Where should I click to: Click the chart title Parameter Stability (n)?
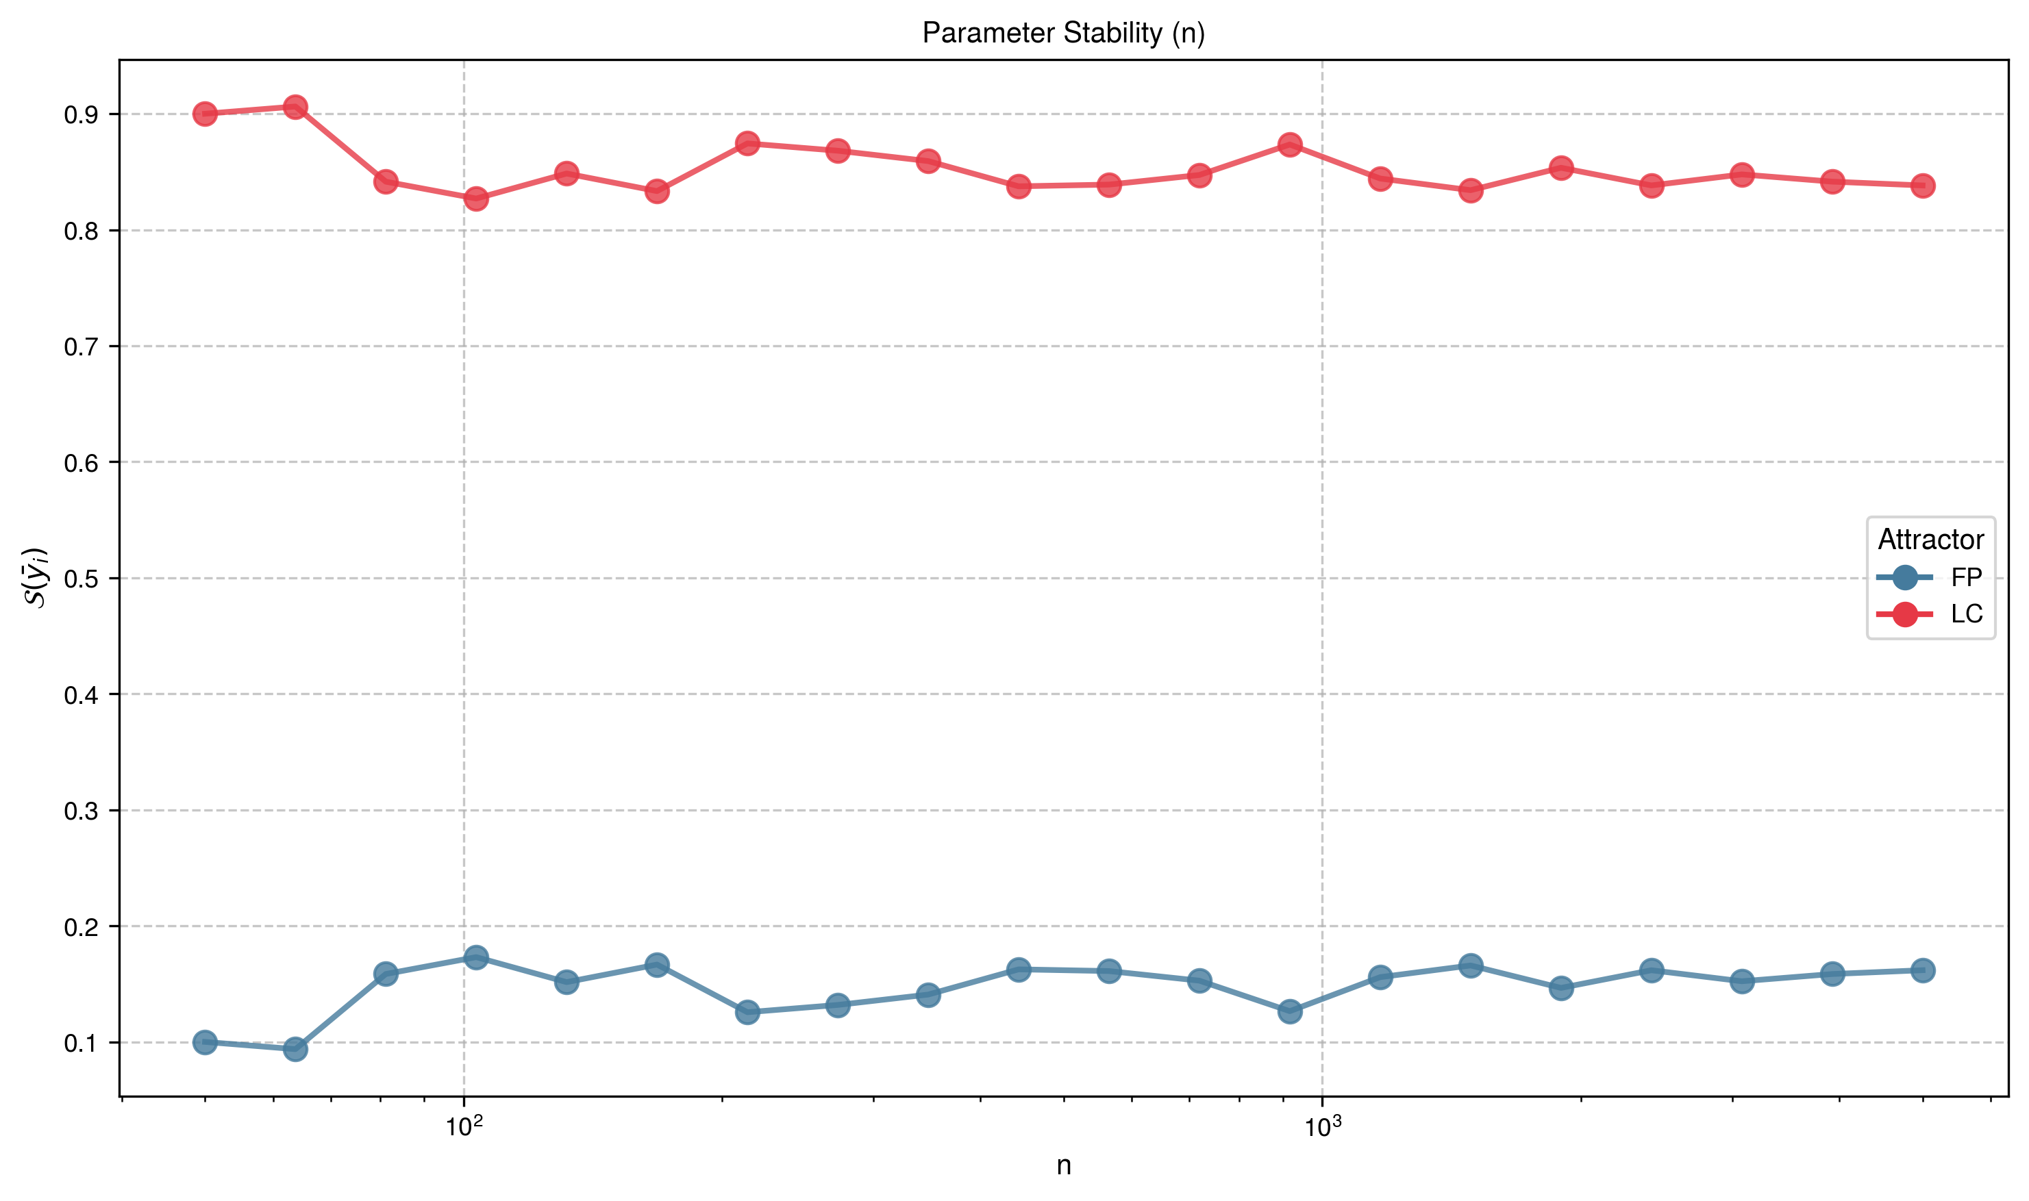click(x=1063, y=33)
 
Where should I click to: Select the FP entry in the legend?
click(x=1966, y=577)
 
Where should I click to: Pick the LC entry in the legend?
click(x=1966, y=614)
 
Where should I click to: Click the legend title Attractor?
click(x=1930, y=539)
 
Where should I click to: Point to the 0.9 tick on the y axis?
click(x=81, y=115)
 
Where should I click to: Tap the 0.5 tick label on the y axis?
click(x=81, y=579)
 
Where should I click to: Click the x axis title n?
click(x=1063, y=1165)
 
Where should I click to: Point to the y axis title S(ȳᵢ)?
click(x=37, y=578)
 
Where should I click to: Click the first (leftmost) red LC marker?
click(x=205, y=114)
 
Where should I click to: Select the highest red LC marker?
click(x=295, y=107)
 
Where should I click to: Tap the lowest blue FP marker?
click(x=295, y=1049)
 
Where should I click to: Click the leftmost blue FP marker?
click(x=205, y=1041)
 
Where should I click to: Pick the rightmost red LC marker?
click(x=1923, y=186)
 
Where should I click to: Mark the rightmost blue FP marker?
click(x=1923, y=970)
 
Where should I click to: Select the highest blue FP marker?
click(x=476, y=957)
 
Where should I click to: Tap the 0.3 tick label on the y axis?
click(x=81, y=811)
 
